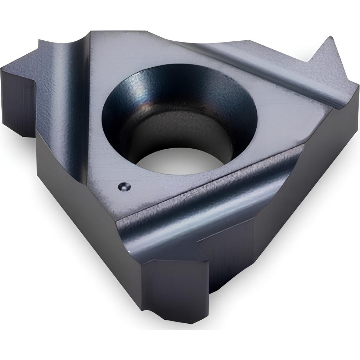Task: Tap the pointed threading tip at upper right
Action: point(328,39)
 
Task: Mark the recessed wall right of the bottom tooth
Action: point(230,259)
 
